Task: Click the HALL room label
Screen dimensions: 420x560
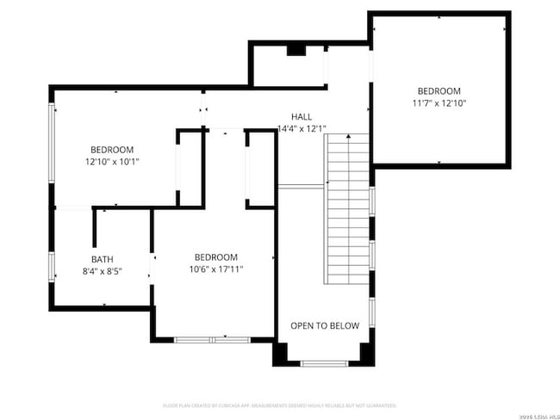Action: [302, 116]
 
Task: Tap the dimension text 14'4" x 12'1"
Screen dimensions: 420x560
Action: [302, 129]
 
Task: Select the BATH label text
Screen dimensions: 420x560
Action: [103, 260]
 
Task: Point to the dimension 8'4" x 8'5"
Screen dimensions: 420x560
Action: [103, 272]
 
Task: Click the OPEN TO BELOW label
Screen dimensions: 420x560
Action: [325, 325]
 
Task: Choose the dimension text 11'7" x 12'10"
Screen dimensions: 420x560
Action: [439, 103]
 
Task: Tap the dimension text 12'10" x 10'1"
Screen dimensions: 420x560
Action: [112, 161]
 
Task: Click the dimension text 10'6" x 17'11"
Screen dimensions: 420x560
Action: [215, 269]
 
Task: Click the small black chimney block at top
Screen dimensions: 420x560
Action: [296, 50]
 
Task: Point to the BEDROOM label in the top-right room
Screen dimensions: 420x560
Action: [439, 91]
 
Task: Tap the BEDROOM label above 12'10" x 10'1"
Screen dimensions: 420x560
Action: [112, 148]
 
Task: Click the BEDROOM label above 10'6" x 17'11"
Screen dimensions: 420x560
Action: [215, 257]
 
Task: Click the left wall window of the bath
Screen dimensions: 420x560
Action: [52, 266]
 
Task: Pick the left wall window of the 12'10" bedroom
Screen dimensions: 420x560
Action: [52, 155]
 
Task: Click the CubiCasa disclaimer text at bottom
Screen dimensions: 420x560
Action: [280, 405]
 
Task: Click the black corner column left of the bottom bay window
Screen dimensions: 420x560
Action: [281, 354]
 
